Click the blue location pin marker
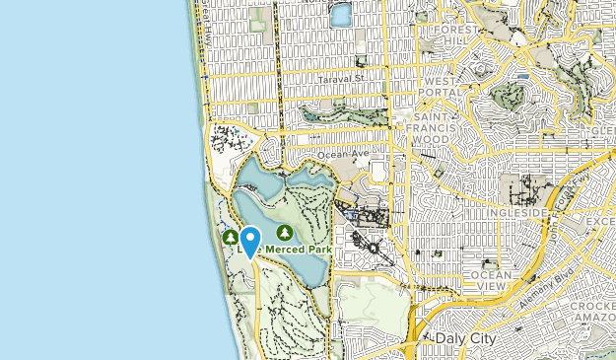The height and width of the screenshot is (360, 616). pyautogui.click(x=250, y=240)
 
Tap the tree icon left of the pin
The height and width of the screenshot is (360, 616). pyautogui.click(x=230, y=237)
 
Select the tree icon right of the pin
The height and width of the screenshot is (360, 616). pyautogui.click(x=285, y=233)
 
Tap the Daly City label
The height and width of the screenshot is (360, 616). pyautogui.click(x=461, y=338)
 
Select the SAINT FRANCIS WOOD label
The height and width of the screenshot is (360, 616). pyautogui.click(x=426, y=129)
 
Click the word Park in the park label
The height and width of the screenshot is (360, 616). pyautogui.click(x=314, y=250)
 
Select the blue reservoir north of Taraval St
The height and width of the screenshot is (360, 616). pyautogui.click(x=341, y=15)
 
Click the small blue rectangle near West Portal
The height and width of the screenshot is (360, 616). pyautogui.click(x=521, y=75)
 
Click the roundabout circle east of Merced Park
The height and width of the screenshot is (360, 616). pyautogui.click(x=375, y=248)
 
